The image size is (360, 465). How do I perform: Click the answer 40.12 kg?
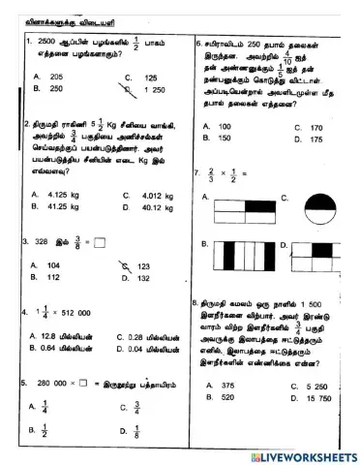(156, 206)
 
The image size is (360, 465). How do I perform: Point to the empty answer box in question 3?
(100, 242)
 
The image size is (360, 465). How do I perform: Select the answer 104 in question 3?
(53, 264)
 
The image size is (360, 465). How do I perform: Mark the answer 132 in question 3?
(143, 278)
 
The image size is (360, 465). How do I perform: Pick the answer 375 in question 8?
(228, 385)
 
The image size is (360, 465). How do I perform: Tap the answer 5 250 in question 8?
(319, 386)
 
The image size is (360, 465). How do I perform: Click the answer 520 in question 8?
(228, 397)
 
